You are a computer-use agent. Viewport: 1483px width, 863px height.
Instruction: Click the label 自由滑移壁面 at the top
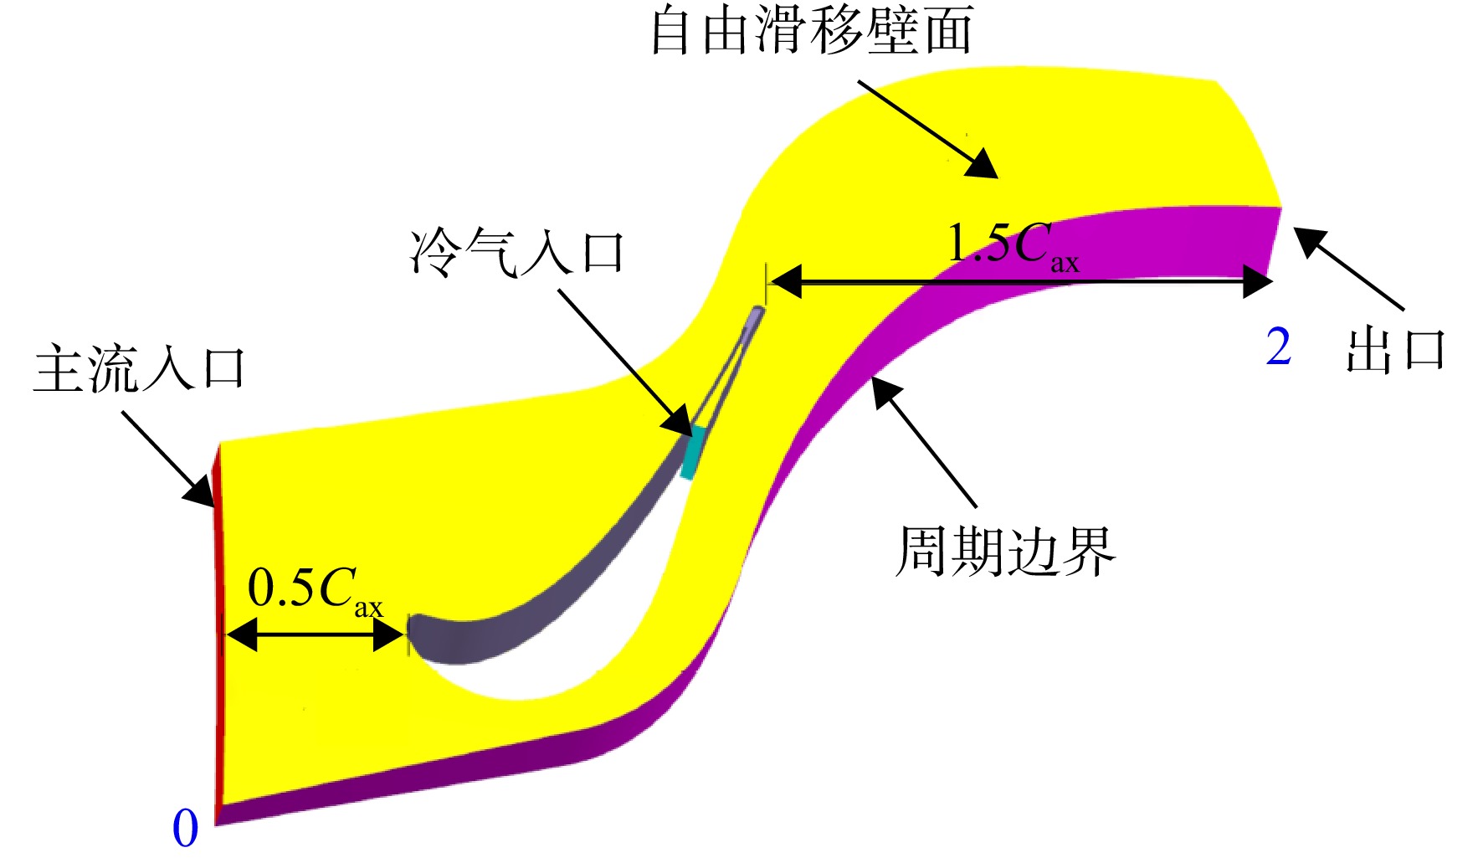(x=812, y=30)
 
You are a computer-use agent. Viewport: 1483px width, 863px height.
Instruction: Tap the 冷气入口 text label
(x=517, y=251)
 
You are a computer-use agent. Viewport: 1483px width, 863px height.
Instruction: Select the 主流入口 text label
(x=139, y=368)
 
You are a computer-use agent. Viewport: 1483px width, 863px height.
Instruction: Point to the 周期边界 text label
(x=1006, y=552)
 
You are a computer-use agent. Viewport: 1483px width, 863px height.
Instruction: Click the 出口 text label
(x=1396, y=349)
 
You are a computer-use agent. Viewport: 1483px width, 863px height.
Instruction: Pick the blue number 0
(x=185, y=829)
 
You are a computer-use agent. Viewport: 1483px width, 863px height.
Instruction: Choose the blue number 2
(x=1279, y=347)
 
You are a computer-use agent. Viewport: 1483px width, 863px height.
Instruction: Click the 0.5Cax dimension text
(x=316, y=590)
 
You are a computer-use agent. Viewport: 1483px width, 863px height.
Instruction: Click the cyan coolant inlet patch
(x=694, y=453)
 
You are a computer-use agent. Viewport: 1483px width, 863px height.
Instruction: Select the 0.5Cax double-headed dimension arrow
(x=316, y=635)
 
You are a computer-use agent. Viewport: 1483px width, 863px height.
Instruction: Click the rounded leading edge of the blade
(x=418, y=636)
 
